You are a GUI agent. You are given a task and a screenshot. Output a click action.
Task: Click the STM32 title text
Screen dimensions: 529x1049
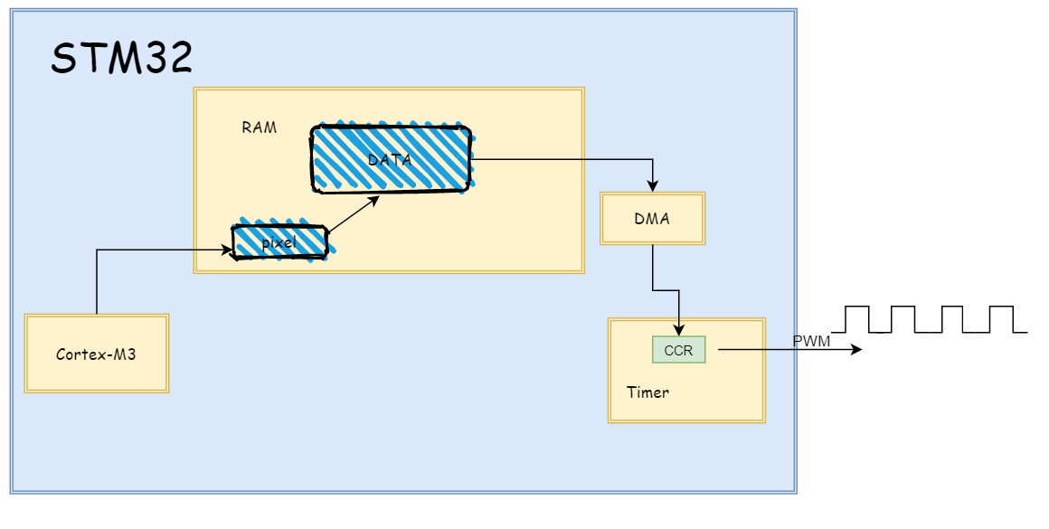pyautogui.click(x=121, y=59)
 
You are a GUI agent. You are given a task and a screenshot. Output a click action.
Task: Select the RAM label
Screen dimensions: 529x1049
pyautogui.click(x=259, y=128)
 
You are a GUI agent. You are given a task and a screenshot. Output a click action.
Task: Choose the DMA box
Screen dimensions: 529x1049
pyautogui.click(x=653, y=218)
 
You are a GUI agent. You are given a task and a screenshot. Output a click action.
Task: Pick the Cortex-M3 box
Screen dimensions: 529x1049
pyautogui.click(x=96, y=354)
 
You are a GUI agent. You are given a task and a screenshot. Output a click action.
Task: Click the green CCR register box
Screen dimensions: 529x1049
pyautogui.click(x=678, y=349)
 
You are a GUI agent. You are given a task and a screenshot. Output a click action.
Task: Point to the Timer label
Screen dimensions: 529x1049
pyautogui.click(x=647, y=392)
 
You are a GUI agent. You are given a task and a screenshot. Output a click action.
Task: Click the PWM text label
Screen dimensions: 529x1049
pyautogui.click(x=811, y=342)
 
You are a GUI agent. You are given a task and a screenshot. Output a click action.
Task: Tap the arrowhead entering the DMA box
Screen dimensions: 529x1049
pyautogui.click(x=653, y=184)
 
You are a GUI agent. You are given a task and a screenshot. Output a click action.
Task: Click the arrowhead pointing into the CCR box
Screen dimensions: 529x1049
pyautogui.click(x=678, y=330)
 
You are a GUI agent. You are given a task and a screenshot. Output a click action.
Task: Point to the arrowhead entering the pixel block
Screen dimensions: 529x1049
pyautogui.click(x=227, y=250)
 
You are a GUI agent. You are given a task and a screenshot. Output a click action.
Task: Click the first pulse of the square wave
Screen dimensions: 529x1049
pyautogui.click(x=856, y=318)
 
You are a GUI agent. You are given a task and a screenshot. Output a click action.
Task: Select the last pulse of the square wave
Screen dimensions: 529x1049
pyautogui.click(x=1001, y=318)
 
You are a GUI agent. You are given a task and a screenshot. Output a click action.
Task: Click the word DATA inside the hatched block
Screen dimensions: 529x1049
pyautogui.click(x=390, y=160)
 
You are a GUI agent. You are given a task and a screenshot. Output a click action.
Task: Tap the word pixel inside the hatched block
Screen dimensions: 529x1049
pyautogui.click(x=279, y=243)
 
